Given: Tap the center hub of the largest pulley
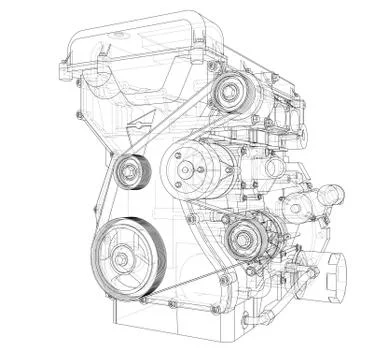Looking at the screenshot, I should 122,260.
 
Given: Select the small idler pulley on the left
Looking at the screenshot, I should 132,172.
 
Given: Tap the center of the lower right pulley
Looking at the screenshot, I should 241,241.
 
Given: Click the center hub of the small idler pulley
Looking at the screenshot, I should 128,172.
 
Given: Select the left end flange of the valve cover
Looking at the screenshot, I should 68,68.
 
